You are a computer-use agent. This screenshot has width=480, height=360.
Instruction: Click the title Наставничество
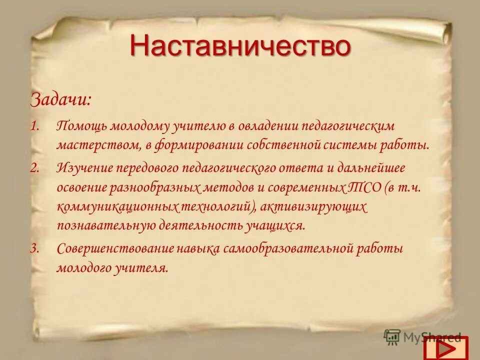click(x=240, y=46)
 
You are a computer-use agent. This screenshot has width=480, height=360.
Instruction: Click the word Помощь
click(x=81, y=125)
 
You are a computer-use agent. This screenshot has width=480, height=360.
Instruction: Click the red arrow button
click(x=445, y=347)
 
